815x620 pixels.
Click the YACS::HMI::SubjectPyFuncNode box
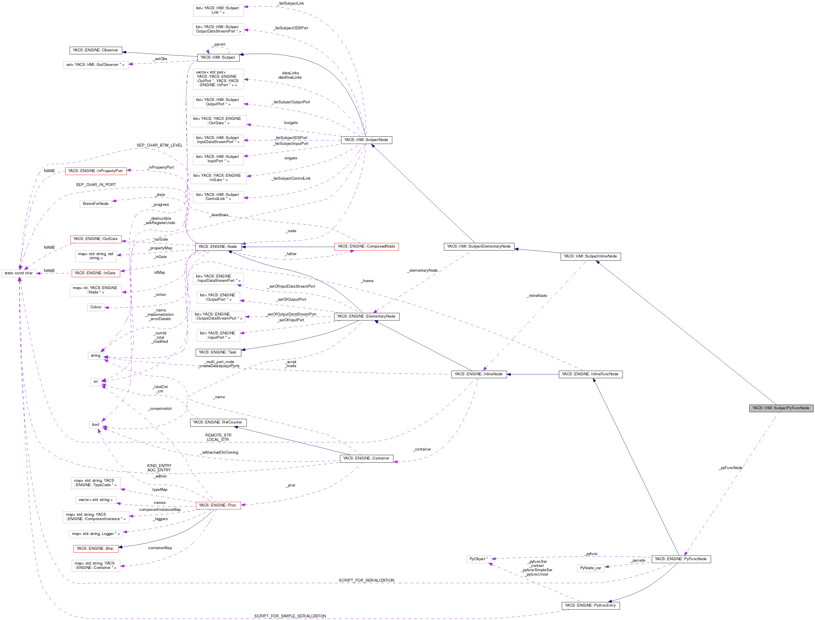tap(781, 408)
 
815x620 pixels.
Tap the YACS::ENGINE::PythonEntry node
tap(590, 605)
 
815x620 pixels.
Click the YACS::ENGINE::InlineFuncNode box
tap(590, 374)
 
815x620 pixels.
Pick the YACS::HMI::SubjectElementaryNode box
tap(479, 246)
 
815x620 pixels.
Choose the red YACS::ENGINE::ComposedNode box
tap(366, 246)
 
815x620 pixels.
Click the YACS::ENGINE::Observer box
tap(96, 50)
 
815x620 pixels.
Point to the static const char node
tap(19, 273)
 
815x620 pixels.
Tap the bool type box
tap(96, 424)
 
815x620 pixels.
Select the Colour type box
tap(96, 307)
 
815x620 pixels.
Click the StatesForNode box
tap(96, 204)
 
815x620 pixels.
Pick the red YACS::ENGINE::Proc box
tap(218, 505)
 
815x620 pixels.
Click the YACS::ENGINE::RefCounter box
tap(218, 422)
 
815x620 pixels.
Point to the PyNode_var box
tap(590, 568)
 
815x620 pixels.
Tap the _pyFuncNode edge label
tap(731, 468)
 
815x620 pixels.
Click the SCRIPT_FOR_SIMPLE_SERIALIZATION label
tap(290, 616)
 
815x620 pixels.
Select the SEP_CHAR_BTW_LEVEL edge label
tap(159, 145)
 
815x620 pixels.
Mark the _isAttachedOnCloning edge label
tap(219, 452)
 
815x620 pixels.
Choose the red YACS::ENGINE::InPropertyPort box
tap(96, 171)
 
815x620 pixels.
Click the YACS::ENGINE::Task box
tap(218, 352)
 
